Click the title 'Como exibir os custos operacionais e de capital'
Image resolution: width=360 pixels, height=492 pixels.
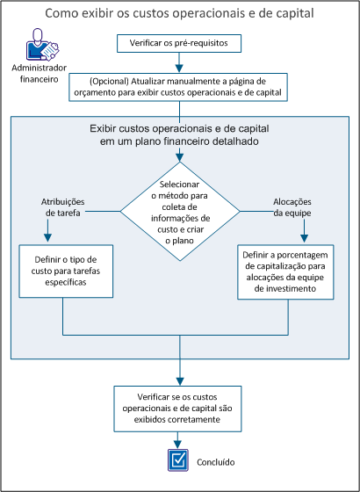pos(179,15)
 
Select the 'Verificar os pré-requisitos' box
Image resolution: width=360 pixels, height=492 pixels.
pos(179,42)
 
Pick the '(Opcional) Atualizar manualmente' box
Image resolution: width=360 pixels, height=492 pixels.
pos(179,88)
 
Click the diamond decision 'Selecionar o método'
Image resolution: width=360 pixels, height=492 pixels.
pos(179,211)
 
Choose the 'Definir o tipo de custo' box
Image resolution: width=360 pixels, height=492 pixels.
pos(64,271)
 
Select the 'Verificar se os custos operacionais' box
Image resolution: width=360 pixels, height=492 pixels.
pos(179,407)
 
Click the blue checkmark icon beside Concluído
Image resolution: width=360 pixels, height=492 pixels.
pos(179,459)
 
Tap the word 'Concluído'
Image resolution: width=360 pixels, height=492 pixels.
pos(215,461)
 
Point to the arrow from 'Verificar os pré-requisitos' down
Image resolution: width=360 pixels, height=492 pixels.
pos(179,61)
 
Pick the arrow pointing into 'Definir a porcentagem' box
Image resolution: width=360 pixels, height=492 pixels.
pos(305,235)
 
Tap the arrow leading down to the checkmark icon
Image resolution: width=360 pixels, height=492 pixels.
pos(179,440)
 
